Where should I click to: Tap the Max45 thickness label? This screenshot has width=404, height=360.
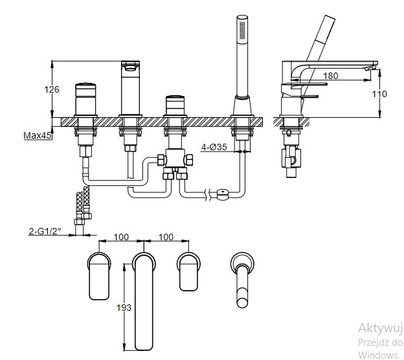click(37, 135)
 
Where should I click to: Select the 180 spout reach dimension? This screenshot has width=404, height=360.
click(330, 76)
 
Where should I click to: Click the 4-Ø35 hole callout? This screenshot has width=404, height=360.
click(214, 147)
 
